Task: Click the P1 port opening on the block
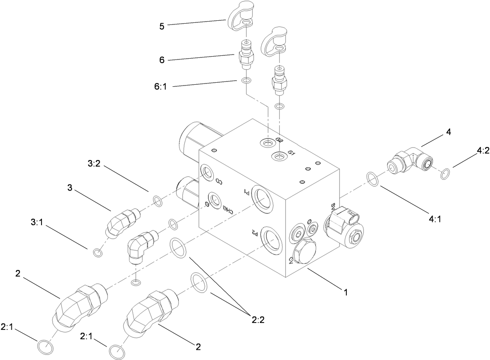(x=261, y=197)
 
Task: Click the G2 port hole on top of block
(x=268, y=143)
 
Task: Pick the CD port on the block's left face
(x=207, y=173)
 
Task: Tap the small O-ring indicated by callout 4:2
(x=446, y=173)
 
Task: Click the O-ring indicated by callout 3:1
(x=97, y=253)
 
